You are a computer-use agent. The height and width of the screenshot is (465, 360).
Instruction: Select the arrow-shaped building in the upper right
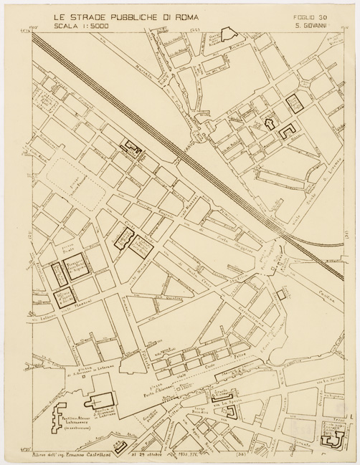tap(270, 123)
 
